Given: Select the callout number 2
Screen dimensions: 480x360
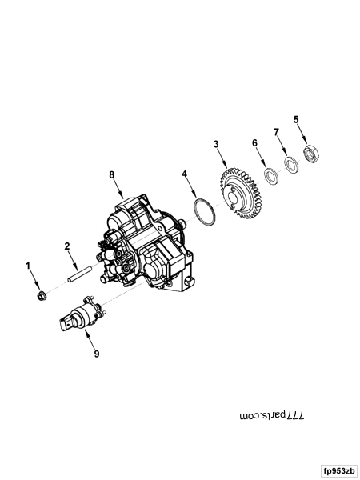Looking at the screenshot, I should [x=68, y=246].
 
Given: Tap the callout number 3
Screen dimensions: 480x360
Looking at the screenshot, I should [x=215, y=144].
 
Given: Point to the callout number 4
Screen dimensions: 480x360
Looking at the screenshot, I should [x=184, y=173].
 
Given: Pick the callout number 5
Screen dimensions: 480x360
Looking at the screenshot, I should [x=296, y=121].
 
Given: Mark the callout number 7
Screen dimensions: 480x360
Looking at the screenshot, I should [x=276, y=131].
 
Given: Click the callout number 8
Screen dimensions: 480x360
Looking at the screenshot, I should [x=112, y=174].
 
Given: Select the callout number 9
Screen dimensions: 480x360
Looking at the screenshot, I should [x=96, y=353].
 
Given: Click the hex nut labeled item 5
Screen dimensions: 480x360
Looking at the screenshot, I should [x=310, y=150].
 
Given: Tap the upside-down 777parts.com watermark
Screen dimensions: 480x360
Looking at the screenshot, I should [x=273, y=416].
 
